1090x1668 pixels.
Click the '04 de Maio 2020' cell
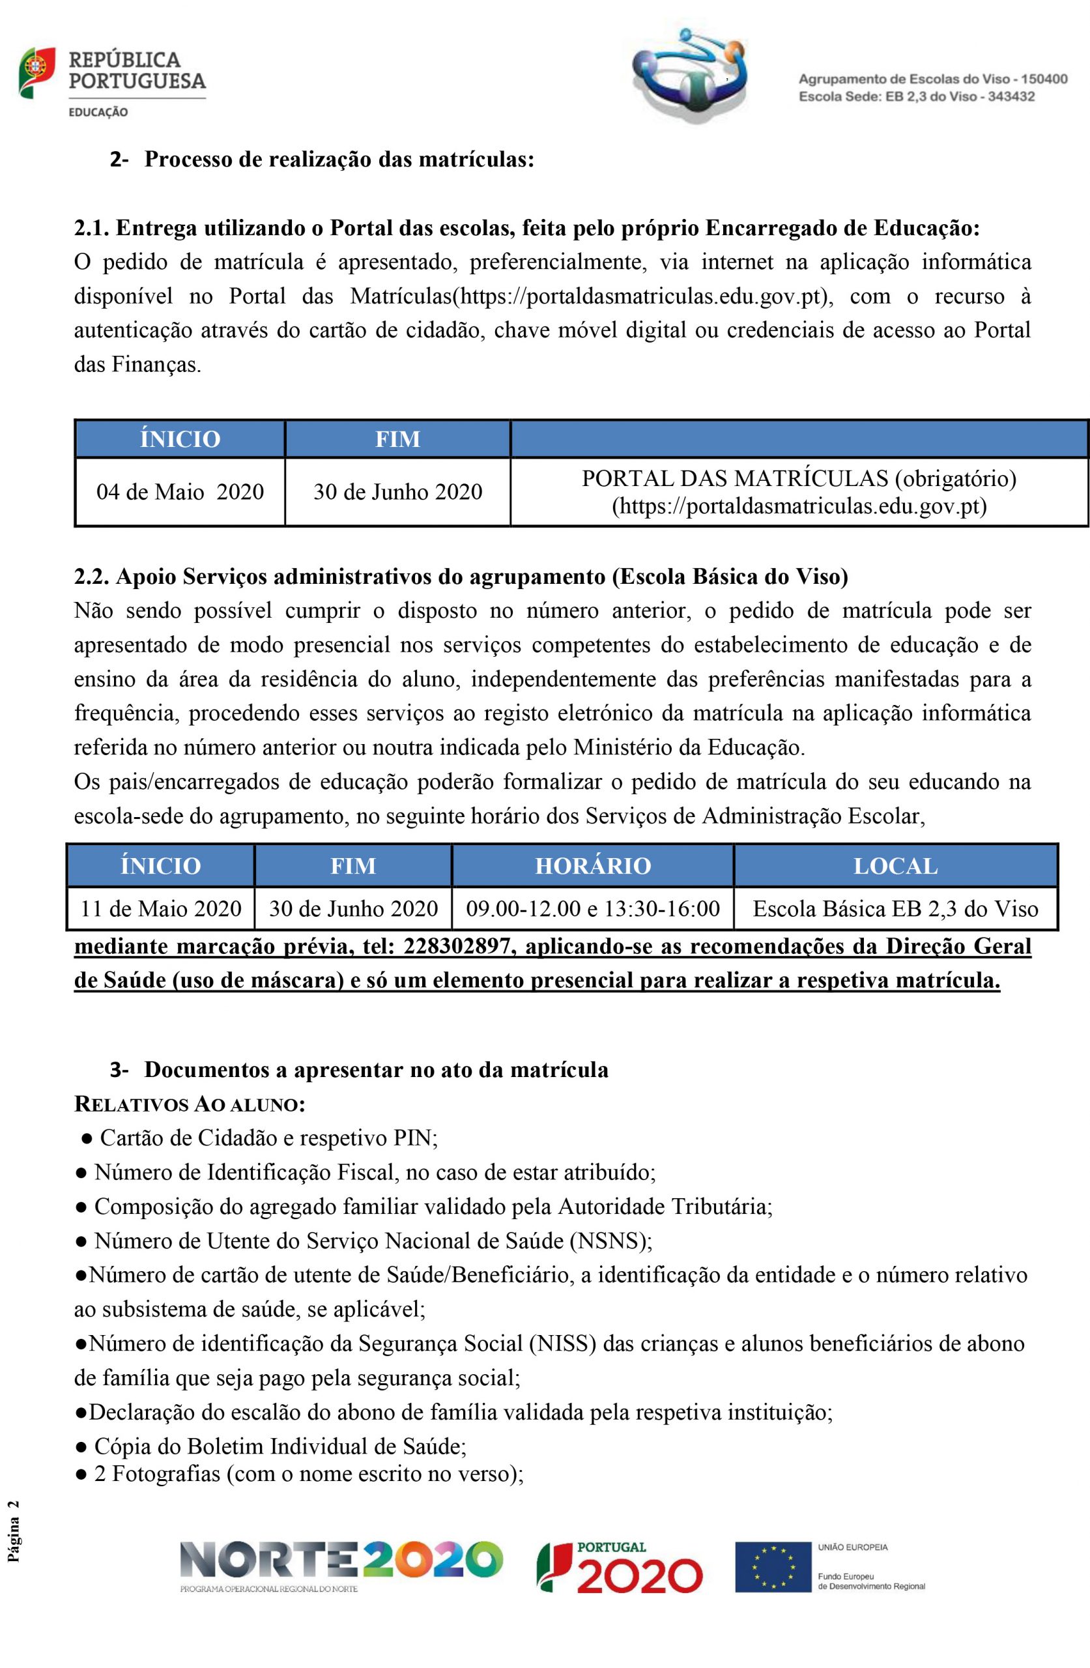click(x=180, y=491)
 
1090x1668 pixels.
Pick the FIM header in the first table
click(x=397, y=439)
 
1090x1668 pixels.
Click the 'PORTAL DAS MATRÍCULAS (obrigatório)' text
click(x=799, y=479)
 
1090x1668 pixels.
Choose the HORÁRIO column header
click(x=593, y=865)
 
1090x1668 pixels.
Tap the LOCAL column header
click(x=895, y=865)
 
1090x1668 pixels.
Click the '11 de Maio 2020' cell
click(x=161, y=909)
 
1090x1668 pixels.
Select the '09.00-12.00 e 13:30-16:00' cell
click(x=593, y=909)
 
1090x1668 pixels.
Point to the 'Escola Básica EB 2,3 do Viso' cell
click(x=895, y=909)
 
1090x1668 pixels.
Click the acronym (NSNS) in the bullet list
click(x=610, y=1241)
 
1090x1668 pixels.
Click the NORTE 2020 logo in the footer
click(x=341, y=1559)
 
